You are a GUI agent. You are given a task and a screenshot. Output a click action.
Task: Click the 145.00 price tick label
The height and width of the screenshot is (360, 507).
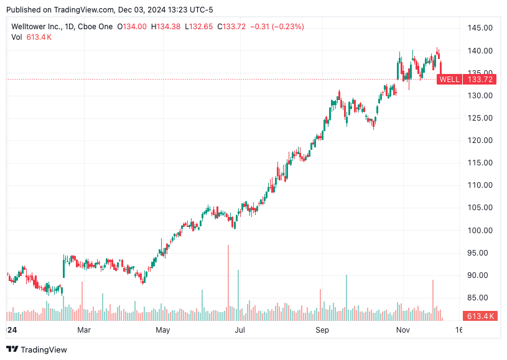point(480,28)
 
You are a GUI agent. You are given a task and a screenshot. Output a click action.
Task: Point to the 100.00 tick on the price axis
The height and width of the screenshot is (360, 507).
point(480,230)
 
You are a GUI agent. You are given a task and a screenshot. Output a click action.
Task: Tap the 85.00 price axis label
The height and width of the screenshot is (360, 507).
point(480,297)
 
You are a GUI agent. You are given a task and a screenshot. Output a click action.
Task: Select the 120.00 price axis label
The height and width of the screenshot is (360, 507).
point(480,141)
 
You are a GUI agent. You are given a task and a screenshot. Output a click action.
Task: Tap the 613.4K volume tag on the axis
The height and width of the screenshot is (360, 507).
point(481,316)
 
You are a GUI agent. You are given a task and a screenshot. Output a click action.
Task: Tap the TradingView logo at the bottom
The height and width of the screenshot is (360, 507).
point(37,349)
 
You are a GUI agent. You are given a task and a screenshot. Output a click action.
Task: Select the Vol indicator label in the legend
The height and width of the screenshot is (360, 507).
point(17,37)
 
